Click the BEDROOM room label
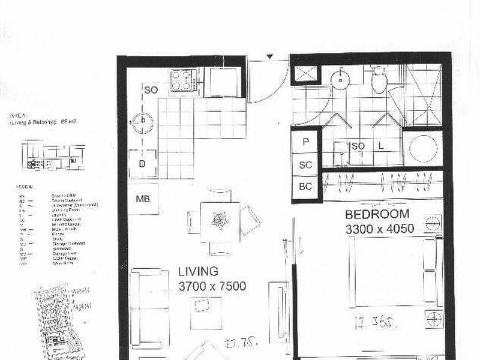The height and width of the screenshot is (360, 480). pyautogui.click(x=377, y=214)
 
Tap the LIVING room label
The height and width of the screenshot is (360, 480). pyautogui.click(x=198, y=272)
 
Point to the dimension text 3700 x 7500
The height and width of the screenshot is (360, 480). pyautogui.click(x=212, y=286)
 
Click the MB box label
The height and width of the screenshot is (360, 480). pyautogui.click(x=143, y=199)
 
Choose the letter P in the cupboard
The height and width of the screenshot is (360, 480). pyautogui.click(x=305, y=143)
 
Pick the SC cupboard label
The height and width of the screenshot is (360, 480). pyautogui.click(x=305, y=164)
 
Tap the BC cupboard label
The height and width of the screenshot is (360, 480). pyautogui.click(x=305, y=187)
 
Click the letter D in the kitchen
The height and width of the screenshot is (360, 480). pyautogui.click(x=143, y=164)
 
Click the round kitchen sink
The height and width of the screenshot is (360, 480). pyautogui.click(x=143, y=122)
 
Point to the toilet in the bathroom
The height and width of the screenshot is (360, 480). pyautogui.click(x=379, y=80)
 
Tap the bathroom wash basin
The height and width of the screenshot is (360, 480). pyautogui.click(x=341, y=77)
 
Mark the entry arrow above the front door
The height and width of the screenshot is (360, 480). pyautogui.click(x=270, y=57)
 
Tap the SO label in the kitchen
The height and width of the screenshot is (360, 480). pyautogui.click(x=151, y=90)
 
